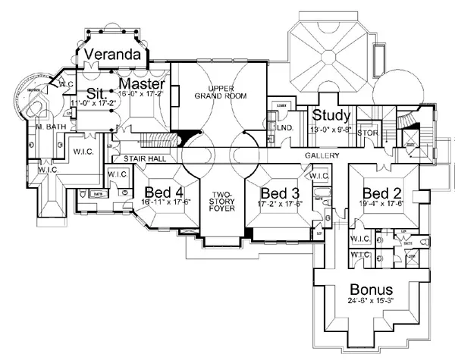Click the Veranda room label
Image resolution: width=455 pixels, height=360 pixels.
coord(113,55)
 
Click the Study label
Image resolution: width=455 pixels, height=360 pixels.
coord(331,116)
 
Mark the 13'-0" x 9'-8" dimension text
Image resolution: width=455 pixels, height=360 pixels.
coord(331,129)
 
